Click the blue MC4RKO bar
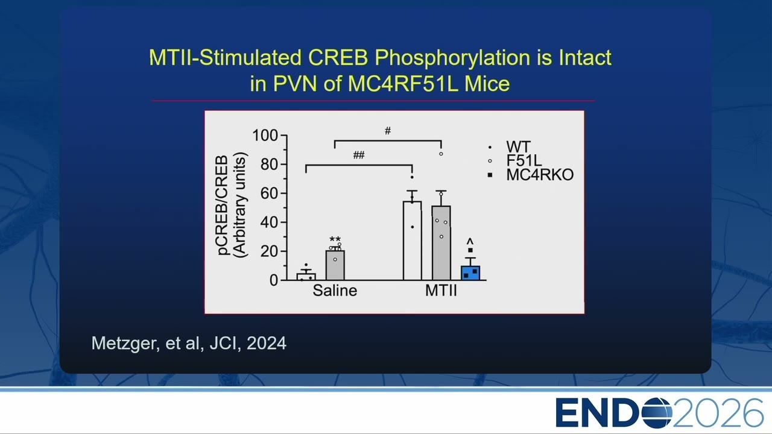click(x=470, y=273)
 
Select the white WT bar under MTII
click(x=412, y=241)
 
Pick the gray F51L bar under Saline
click(x=335, y=265)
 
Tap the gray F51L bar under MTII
click(x=441, y=243)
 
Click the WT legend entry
click(x=510, y=147)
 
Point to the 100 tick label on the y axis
click(x=265, y=136)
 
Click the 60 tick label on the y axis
click(x=269, y=193)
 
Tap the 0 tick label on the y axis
click(x=274, y=281)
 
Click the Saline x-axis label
click(x=335, y=291)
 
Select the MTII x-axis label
click(x=441, y=291)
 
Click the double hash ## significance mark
click(x=359, y=155)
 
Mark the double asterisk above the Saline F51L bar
click(x=335, y=239)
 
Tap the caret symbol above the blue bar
click(x=470, y=241)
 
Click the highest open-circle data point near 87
click(x=441, y=154)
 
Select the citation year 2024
click(x=267, y=344)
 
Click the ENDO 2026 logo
click(x=659, y=413)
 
